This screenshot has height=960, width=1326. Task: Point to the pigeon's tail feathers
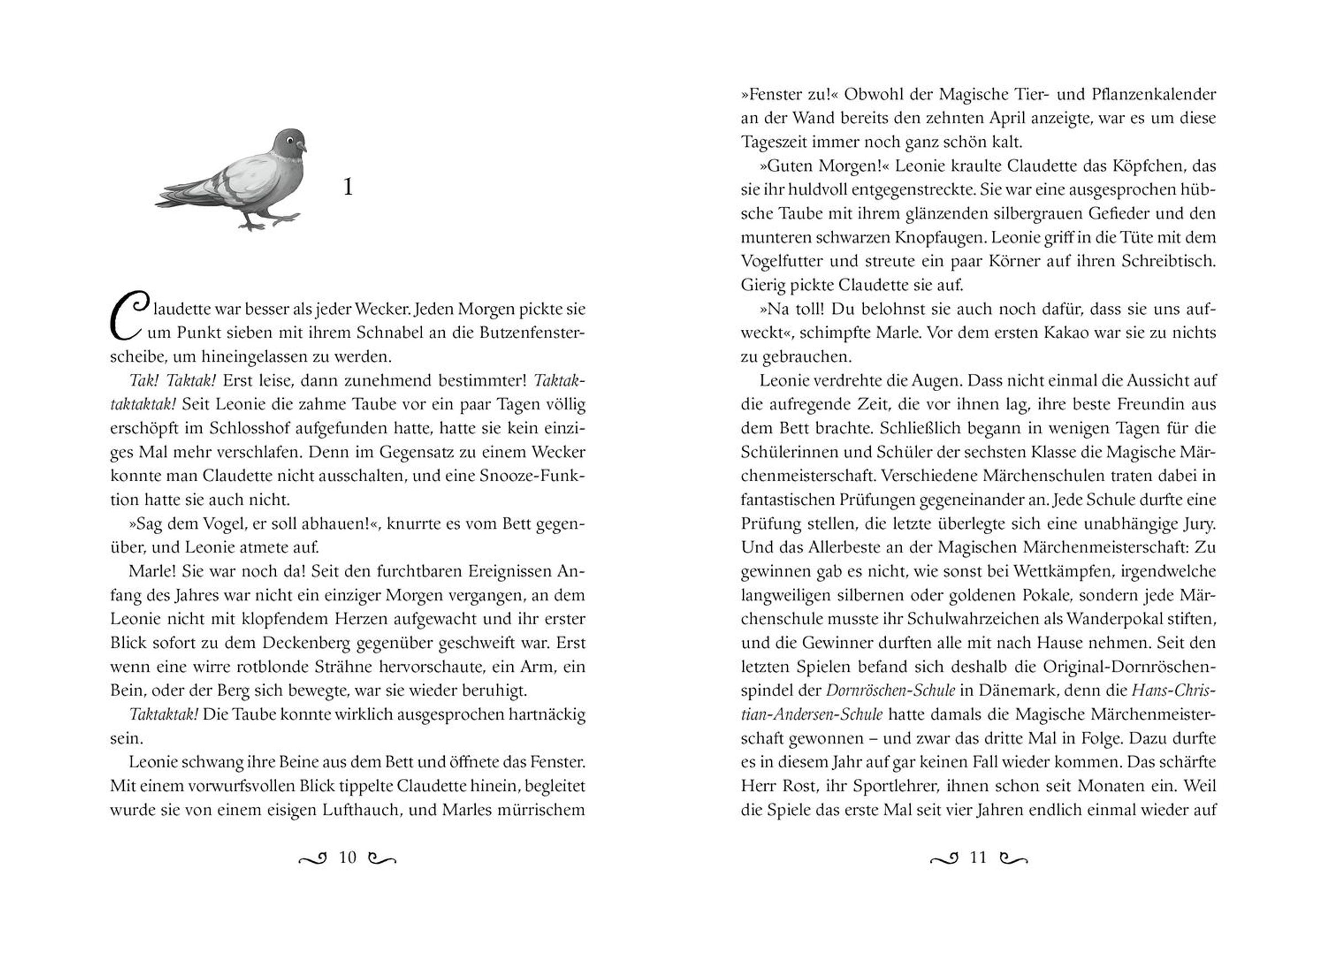[x=175, y=197]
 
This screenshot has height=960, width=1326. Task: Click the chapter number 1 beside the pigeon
[x=348, y=187]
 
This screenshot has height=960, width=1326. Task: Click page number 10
[x=348, y=857]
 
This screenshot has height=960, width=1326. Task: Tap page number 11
[x=977, y=857]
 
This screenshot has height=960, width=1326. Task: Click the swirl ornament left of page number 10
[x=312, y=858]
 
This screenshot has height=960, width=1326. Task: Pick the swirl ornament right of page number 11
[x=1014, y=858]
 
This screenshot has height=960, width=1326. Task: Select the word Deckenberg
[x=306, y=642]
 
